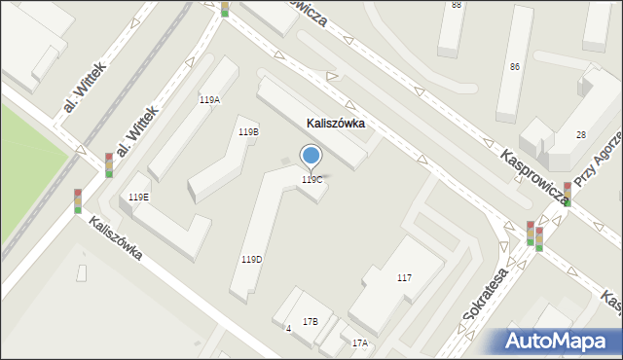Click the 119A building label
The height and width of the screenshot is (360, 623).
pos(209,100)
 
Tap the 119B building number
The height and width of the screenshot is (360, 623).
pos(248,131)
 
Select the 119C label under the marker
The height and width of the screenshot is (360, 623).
pos(311,180)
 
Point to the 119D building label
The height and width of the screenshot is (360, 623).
pos(251,260)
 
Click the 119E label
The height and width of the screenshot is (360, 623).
pos(139,197)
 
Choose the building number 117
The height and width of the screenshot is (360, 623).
pos(404,278)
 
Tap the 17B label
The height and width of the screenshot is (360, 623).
pos(311,322)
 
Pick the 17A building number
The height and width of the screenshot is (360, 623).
pos(360,343)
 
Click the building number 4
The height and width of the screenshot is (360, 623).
pos(288,329)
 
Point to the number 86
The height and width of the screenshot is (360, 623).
pos(514,66)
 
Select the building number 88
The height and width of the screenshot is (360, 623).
pos(457,5)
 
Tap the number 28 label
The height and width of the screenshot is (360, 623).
pos(580,134)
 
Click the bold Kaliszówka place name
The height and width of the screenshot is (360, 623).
pos(335,124)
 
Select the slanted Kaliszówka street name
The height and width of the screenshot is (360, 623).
pos(115,238)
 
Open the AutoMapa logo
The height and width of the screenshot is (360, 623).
pos(562,340)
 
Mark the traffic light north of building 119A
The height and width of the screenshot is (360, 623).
pos(225,8)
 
